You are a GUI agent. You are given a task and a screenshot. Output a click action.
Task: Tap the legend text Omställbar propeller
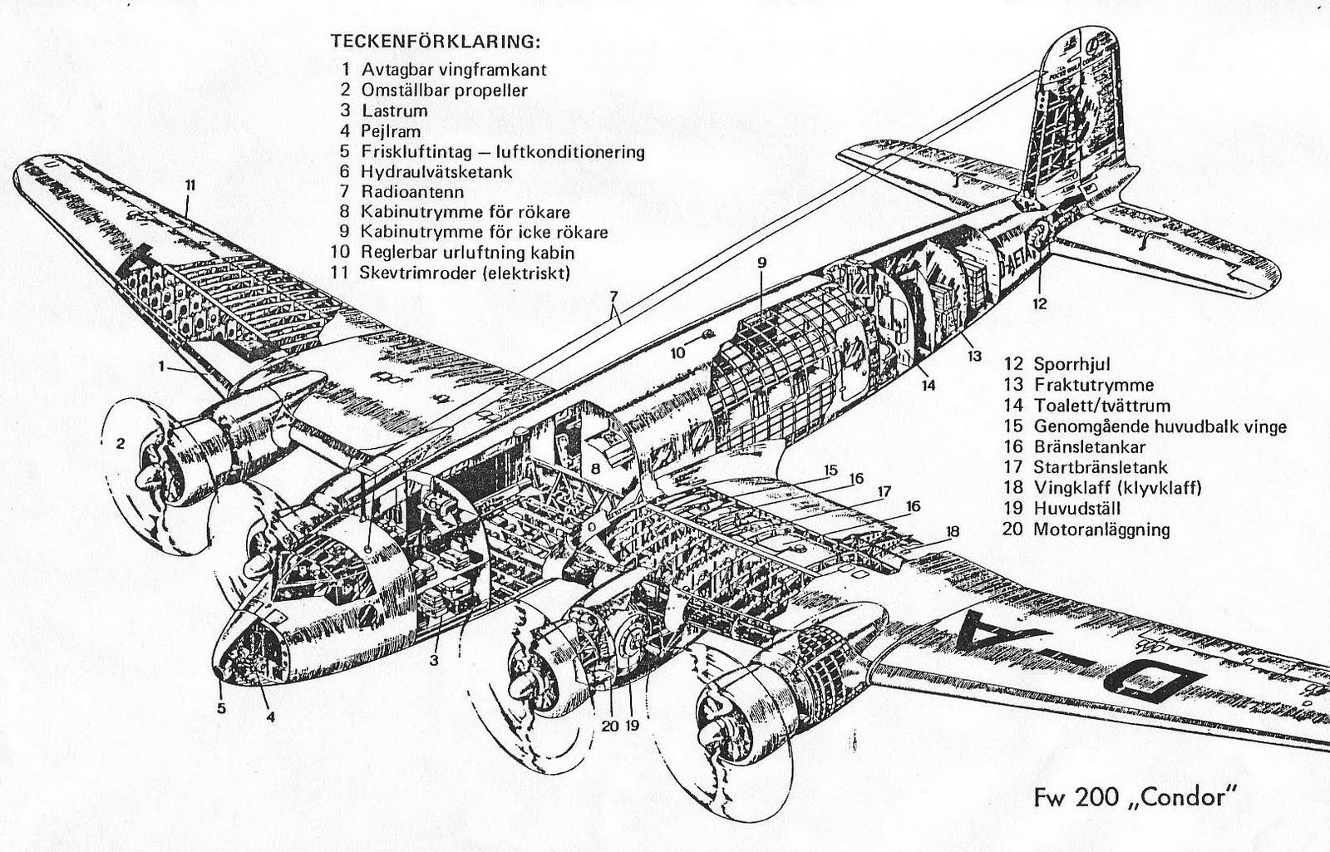[x=444, y=90]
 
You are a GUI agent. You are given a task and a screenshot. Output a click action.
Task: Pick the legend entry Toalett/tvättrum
[x=1101, y=406]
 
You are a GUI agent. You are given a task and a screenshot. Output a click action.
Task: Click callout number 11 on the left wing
[x=190, y=185]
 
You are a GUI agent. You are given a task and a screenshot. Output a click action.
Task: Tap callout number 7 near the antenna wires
[x=613, y=297]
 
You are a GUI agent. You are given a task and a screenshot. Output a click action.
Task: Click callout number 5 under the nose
[x=221, y=709]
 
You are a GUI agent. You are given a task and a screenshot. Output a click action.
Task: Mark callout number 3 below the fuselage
[x=435, y=661]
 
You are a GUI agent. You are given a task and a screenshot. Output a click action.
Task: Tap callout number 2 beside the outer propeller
[x=121, y=444]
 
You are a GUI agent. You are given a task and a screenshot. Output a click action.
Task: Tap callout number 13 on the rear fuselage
[x=974, y=356]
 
